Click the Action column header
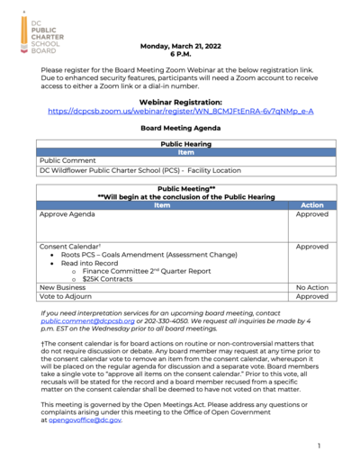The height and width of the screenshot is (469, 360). click(x=311, y=205)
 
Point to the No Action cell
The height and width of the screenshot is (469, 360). click(x=311, y=287)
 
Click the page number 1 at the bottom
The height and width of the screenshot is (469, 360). click(x=319, y=446)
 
